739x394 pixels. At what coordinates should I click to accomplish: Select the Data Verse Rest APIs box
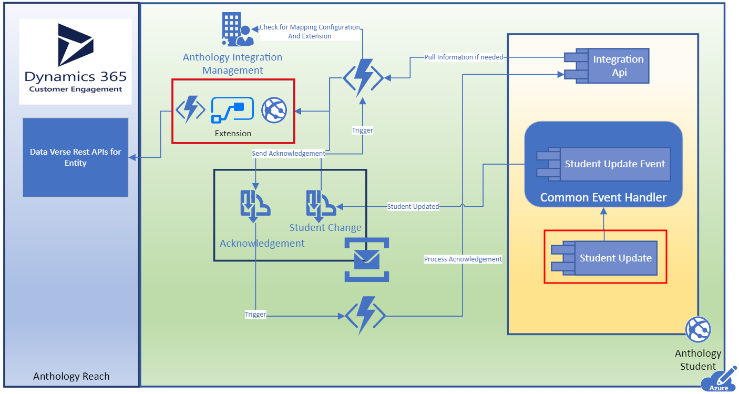(75, 157)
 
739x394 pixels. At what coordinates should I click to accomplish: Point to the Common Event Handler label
(603, 198)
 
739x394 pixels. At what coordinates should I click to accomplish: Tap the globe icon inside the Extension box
(274, 110)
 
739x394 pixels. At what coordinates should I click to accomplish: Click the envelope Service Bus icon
(367, 259)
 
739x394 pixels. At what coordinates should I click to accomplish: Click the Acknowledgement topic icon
(255, 204)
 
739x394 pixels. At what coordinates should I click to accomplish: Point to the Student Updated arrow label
(413, 207)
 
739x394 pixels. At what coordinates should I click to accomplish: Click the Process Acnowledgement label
(463, 259)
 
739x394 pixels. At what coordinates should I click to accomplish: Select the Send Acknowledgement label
(289, 154)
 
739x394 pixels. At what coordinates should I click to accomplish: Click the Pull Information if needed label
(464, 57)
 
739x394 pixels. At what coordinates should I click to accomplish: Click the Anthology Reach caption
(71, 376)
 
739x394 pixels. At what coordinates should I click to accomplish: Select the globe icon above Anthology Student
(698, 329)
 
